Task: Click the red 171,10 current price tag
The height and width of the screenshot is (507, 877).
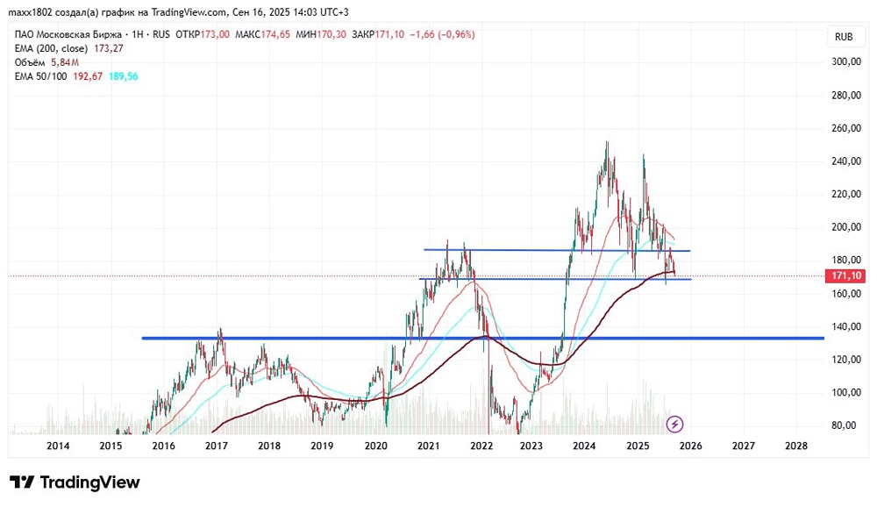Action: pyautogui.click(x=846, y=276)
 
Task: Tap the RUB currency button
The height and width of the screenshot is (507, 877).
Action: pyautogui.click(x=844, y=37)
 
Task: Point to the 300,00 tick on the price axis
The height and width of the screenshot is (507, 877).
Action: pyautogui.click(x=846, y=61)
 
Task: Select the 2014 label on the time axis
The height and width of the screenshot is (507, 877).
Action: pyautogui.click(x=58, y=446)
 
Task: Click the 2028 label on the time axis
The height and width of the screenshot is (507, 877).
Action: pyautogui.click(x=796, y=446)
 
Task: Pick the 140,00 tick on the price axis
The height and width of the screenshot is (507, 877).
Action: pyautogui.click(x=846, y=326)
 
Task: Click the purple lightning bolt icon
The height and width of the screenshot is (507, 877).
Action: pyautogui.click(x=674, y=425)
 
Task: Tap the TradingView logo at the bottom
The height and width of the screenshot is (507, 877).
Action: pyautogui.click(x=75, y=482)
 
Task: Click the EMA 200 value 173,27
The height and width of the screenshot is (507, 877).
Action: pyautogui.click(x=109, y=49)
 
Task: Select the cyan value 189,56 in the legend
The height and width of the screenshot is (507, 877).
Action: pyautogui.click(x=123, y=76)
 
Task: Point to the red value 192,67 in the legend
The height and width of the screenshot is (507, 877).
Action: pyautogui.click(x=88, y=76)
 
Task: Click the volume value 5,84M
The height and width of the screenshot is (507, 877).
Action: pyautogui.click(x=65, y=62)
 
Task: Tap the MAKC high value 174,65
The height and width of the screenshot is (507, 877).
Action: pyautogui.click(x=275, y=35)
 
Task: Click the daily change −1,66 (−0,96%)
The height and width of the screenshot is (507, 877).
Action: pyautogui.click(x=442, y=35)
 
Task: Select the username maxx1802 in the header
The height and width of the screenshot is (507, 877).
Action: pyautogui.click(x=30, y=11)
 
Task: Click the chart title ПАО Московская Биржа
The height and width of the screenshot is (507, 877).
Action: pyautogui.click(x=68, y=35)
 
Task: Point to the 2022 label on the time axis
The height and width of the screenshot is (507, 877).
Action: pyautogui.click(x=481, y=446)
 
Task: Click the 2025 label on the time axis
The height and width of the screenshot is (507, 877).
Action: pyautogui.click(x=638, y=446)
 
